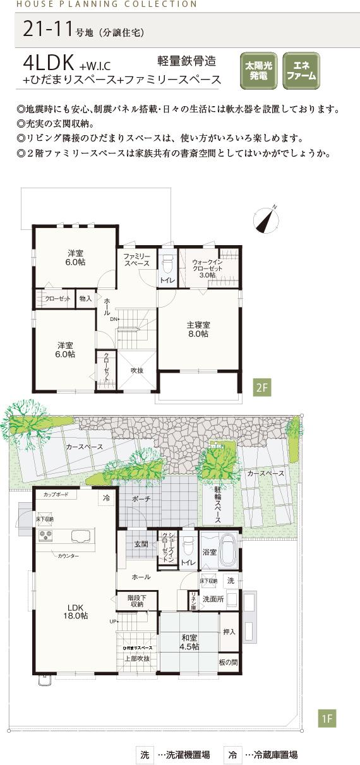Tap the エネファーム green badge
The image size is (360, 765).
301,71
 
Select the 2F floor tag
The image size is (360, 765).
262,387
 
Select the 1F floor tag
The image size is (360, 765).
328,718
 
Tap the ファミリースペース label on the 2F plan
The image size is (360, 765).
136,259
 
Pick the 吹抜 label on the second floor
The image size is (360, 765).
136,370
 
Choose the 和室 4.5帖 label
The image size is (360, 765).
189,642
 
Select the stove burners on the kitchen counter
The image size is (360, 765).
46,536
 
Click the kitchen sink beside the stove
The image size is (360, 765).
81,537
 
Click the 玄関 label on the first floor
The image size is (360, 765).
140,544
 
